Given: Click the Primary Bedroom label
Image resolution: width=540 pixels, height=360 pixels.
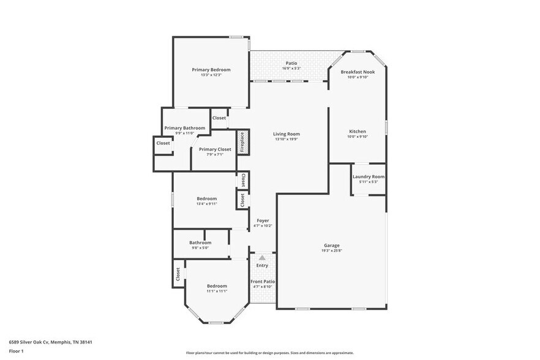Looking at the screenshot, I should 211,70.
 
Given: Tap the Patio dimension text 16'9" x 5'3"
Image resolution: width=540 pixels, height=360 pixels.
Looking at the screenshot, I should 291,69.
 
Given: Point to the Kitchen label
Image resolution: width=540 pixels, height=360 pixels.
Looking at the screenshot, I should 358,132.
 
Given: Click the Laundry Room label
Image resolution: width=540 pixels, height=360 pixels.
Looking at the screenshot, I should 369,176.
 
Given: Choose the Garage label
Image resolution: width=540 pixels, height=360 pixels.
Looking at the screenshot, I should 332,246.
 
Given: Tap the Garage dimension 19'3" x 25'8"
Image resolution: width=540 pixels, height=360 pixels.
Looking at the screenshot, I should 332,251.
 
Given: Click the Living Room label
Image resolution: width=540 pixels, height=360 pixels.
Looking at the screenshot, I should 287,134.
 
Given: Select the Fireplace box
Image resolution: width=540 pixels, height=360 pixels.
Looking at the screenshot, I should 242,142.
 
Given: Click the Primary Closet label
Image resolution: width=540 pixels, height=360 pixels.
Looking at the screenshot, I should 215,149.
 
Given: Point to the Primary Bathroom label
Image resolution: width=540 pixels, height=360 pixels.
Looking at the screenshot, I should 184,128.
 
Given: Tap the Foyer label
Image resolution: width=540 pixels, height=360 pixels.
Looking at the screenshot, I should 263,220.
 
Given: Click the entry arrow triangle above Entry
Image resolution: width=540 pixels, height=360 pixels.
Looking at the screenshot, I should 262,258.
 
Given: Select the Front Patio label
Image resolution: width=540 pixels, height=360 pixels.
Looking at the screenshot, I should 263,282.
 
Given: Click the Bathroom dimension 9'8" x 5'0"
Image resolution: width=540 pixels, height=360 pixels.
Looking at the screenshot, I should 200,248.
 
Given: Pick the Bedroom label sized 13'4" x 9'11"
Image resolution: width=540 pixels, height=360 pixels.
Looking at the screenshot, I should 206,198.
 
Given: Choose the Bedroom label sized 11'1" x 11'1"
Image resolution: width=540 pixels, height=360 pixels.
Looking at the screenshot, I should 217,286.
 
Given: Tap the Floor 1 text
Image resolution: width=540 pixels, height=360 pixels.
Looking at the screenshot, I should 17,351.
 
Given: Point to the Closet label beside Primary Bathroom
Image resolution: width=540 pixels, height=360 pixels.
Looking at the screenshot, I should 163,143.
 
